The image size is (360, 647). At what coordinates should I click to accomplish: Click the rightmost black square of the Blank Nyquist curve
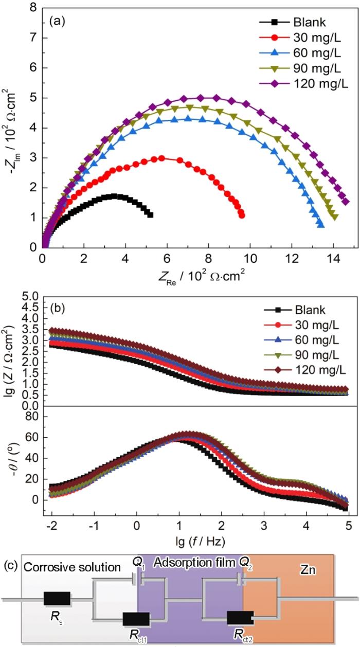pos(150,214)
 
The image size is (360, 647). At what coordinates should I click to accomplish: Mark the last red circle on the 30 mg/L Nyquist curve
pos(242,215)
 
